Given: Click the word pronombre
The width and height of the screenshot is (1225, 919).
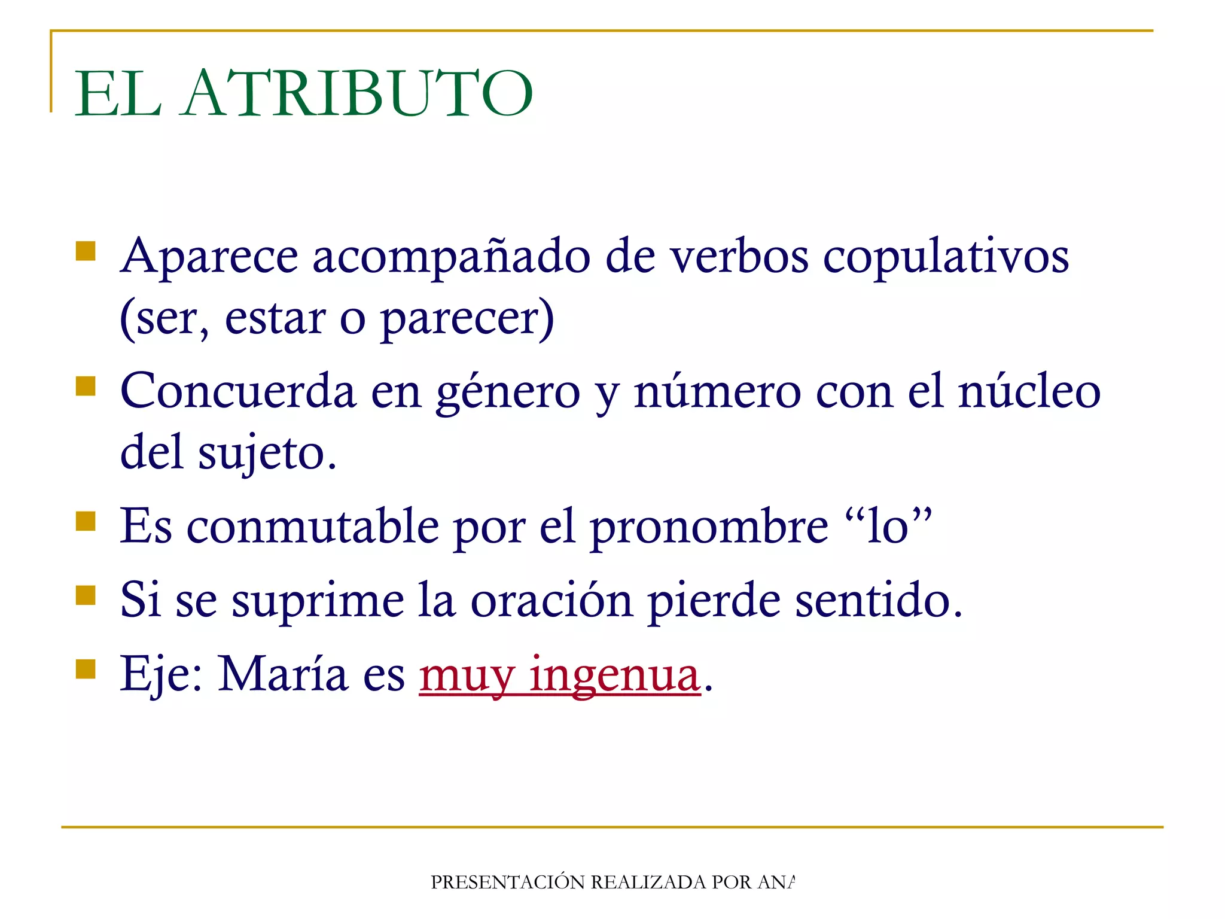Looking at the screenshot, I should click(x=709, y=527).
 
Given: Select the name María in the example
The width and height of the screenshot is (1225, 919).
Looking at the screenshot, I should click(x=283, y=674).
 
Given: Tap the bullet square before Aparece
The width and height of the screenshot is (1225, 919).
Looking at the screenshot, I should click(x=86, y=251).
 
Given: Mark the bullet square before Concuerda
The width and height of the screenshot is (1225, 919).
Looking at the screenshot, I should click(x=86, y=386).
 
